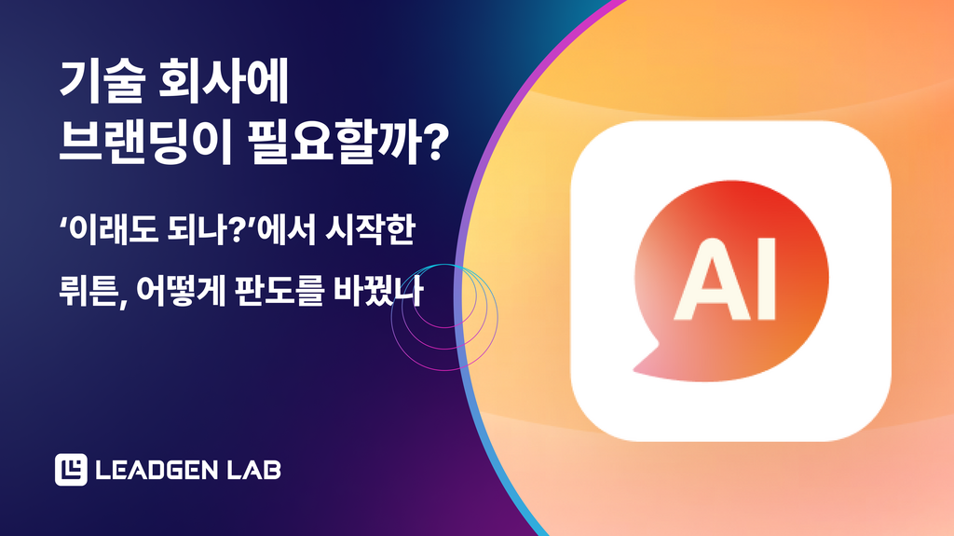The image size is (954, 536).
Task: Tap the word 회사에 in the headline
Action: [224, 81]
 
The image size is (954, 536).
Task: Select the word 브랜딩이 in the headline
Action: [145, 143]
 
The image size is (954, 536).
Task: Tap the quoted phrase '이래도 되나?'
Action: [159, 231]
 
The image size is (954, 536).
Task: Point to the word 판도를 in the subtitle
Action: [278, 292]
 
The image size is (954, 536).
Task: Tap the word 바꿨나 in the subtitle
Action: [378, 292]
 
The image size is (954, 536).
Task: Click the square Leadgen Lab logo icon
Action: [71, 470]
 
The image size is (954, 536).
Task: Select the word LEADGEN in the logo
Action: [157, 470]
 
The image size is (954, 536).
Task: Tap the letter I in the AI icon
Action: [767, 280]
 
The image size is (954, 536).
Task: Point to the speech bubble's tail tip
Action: [634, 369]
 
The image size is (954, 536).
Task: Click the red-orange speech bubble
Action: [730, 281]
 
